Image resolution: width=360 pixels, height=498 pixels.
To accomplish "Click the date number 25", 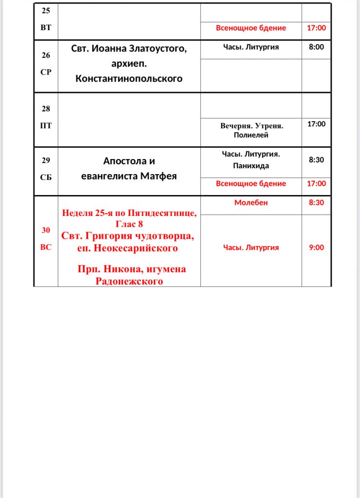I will pyautogui.click(x=46, y=11).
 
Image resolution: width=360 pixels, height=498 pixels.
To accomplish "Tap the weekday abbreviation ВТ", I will pyautogui.click(x=46, y=28).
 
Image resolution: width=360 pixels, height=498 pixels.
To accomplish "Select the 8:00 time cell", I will pyautogui.click(x=316, y=47).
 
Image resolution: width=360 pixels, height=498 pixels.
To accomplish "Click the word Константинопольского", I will pyautogui.click(x=129, y=78).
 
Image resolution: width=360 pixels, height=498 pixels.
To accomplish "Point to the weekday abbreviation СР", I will pyautogui.click(x=46, y=71).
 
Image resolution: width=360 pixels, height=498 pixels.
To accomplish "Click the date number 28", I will pyautogui.click(x=46, y=109).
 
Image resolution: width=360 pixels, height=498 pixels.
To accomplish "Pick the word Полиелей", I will pyautogui.click(x=251, y=135).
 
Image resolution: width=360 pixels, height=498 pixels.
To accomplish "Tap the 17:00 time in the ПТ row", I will pyautogui.click(x=316, y=124).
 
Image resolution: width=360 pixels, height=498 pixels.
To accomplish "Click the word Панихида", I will pyautogui.click(x=251, y=166).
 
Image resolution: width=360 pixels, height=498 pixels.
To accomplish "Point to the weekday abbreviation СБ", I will pyautogui.click(x=46, y=178).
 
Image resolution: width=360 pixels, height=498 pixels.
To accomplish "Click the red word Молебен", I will pyautogui.click(x=251, y=202).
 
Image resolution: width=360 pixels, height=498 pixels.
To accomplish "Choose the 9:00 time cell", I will pyautogui.click(x=316, y=248).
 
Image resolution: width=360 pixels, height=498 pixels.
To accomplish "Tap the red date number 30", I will pyautogui.click(x=46, y=230).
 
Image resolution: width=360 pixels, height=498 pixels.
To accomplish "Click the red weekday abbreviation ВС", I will pyautogui.click(x=46, y=247).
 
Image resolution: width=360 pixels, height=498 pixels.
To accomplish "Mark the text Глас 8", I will pyautogui.click(x=129, y=224).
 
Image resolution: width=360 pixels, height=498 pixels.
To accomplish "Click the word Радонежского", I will pyautogui.click(x=129, y=281).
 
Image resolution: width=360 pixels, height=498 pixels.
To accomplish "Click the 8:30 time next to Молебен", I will pyautogui.click(x=316, y=202).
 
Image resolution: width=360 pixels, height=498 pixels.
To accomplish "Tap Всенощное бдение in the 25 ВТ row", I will pyautogui.click(x=251, y=28).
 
